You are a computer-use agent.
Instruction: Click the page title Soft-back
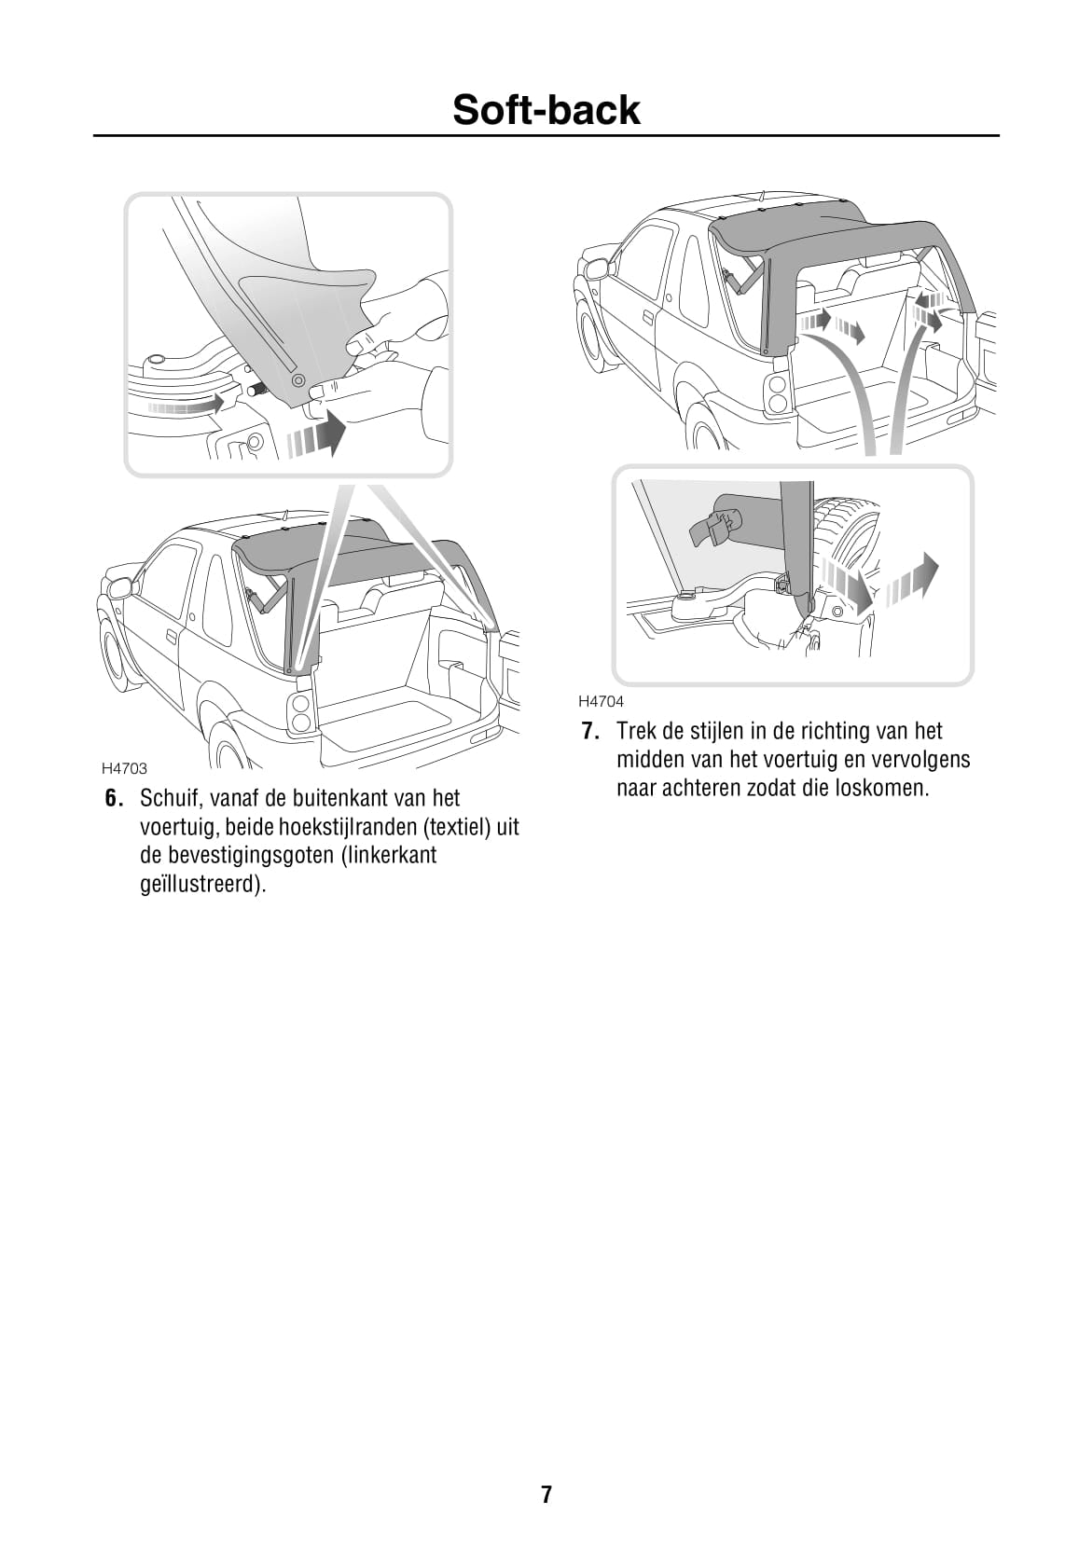coord(546,110)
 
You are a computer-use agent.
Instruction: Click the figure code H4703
coord(124,768)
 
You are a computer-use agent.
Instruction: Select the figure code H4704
coord(601,701)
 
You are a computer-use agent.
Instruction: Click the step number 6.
coord(113,798)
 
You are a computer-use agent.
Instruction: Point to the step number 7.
coord(589,731)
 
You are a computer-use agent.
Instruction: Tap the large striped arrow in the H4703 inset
coord(317,436)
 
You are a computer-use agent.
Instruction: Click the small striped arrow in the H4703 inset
coord(187,406)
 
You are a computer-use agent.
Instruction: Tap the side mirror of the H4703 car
coord(120,588)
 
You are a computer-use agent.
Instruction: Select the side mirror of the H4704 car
coord(597,269)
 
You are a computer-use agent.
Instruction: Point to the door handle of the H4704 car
coord(648,318)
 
